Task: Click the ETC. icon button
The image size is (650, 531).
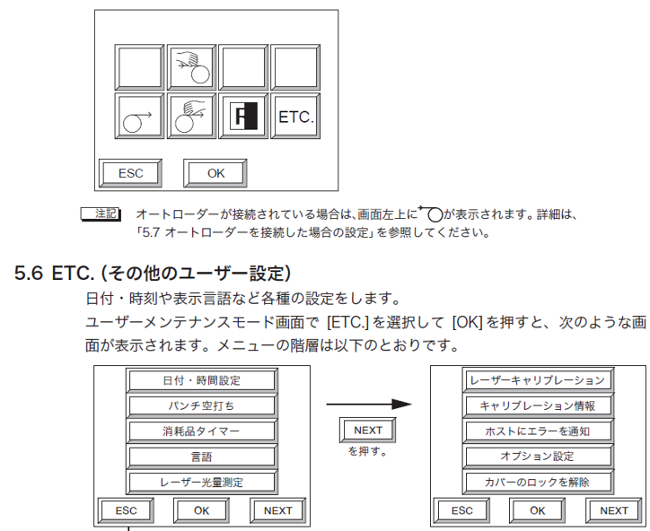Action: point(297,117)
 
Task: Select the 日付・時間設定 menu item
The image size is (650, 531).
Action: point(201,379)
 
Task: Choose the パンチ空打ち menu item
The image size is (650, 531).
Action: point(201,405)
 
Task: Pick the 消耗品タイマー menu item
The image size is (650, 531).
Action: point(201,431)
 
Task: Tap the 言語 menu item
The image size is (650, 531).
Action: point(201,457)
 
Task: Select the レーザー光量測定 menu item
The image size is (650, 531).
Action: point(201,483)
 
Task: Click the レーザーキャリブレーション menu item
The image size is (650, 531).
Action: point(537,379)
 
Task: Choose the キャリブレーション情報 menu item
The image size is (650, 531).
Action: point(537,405)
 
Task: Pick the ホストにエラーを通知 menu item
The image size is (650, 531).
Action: point(537,431)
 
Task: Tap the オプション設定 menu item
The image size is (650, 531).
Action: point(537,457)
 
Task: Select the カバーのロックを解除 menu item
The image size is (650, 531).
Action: point(537,483)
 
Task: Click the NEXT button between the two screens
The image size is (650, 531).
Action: point(368,431)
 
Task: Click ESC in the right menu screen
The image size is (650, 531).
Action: point(461,510)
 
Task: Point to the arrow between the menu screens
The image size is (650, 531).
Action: point(368,405)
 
